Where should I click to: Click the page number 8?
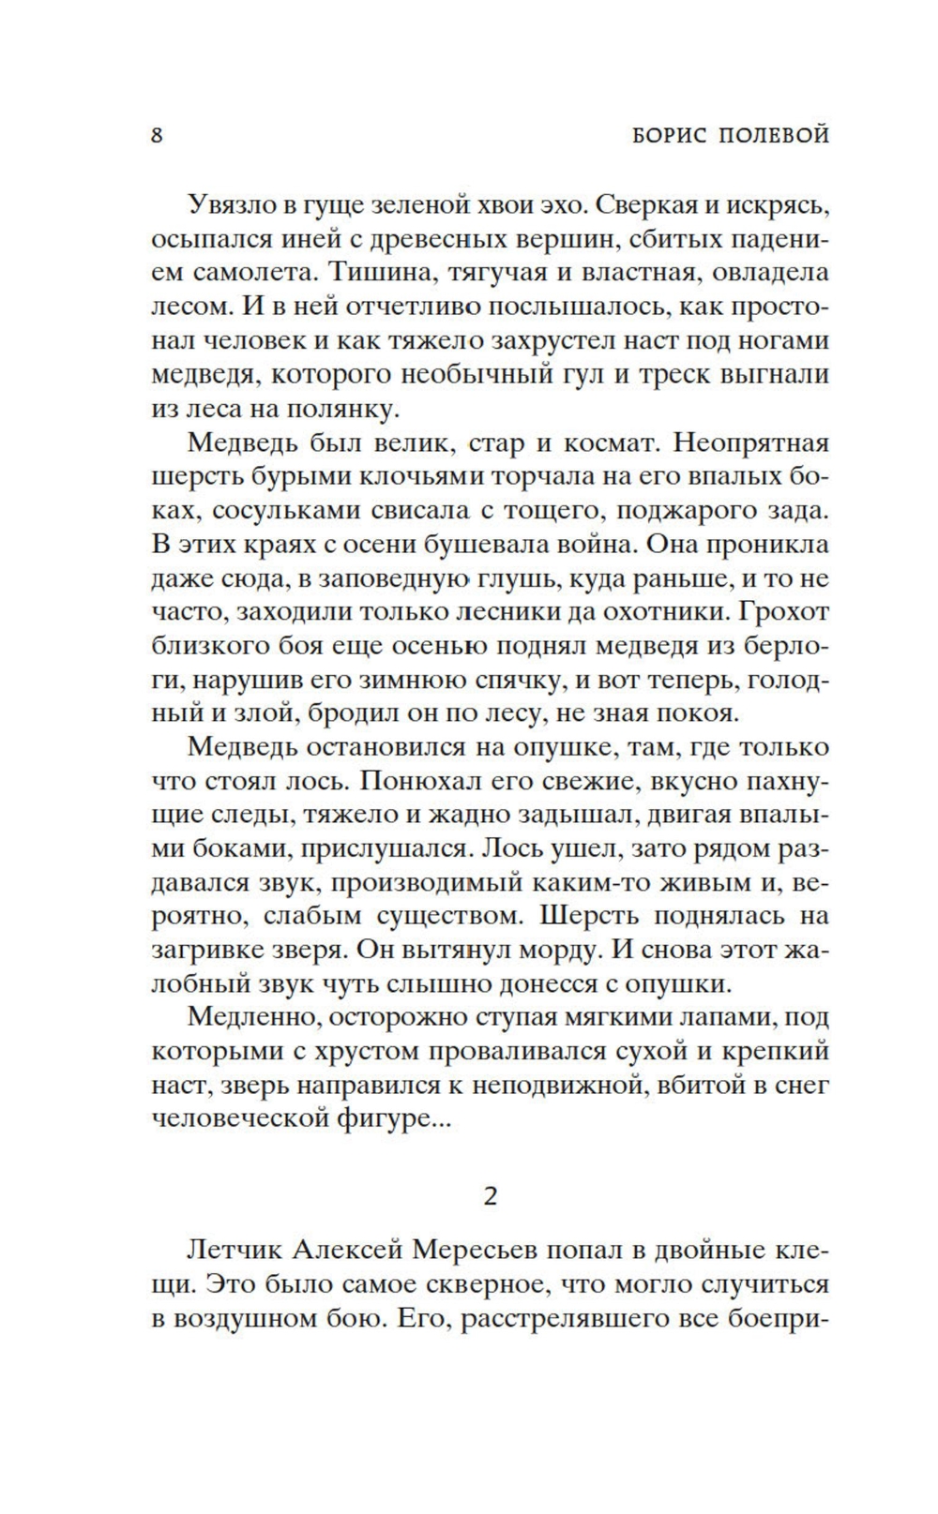point(157,135)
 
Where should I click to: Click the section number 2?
point(490,1196)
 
